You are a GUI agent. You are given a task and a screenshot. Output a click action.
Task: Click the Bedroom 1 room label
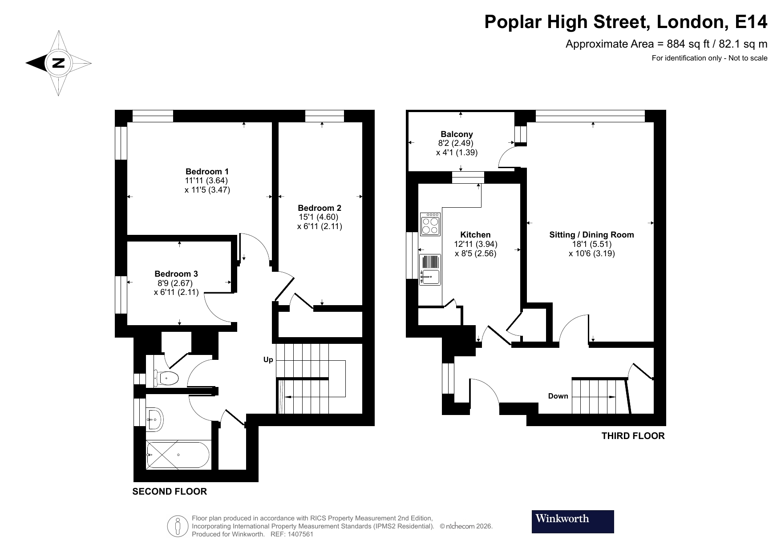point(207,171)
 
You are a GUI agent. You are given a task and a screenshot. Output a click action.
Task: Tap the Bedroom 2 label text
point(319,208)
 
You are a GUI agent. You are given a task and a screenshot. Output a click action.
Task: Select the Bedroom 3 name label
point(176,274)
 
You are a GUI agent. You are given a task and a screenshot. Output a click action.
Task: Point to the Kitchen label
point(475,234)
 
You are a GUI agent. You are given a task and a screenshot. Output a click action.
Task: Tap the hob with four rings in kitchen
point(430,225)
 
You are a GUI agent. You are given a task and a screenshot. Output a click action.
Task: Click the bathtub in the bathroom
point(178,455)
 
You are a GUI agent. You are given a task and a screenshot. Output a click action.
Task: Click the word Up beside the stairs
point(268,359)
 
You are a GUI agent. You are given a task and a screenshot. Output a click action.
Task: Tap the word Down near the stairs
point(558,396)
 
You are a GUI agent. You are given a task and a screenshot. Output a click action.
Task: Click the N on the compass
point(58,63)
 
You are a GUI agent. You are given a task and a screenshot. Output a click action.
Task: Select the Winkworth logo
point(572,521)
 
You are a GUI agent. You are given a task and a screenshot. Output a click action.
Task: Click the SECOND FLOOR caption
point(170,492)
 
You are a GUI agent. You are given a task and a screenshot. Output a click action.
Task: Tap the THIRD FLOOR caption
point(632,436)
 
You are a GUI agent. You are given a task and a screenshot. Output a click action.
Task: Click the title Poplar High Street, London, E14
point(625,22)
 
